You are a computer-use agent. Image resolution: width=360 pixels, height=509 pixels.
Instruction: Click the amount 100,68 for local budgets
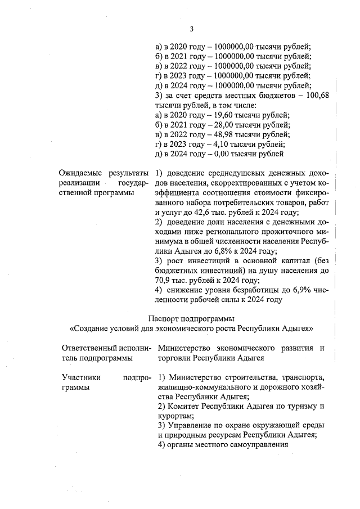coord(317,96)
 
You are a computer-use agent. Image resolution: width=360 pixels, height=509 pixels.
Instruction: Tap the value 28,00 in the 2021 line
coord(211,124)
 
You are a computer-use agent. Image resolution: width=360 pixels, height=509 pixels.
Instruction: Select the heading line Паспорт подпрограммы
coord(191,318)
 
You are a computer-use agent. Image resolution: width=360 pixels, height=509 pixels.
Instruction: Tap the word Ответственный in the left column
coord(89,348)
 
